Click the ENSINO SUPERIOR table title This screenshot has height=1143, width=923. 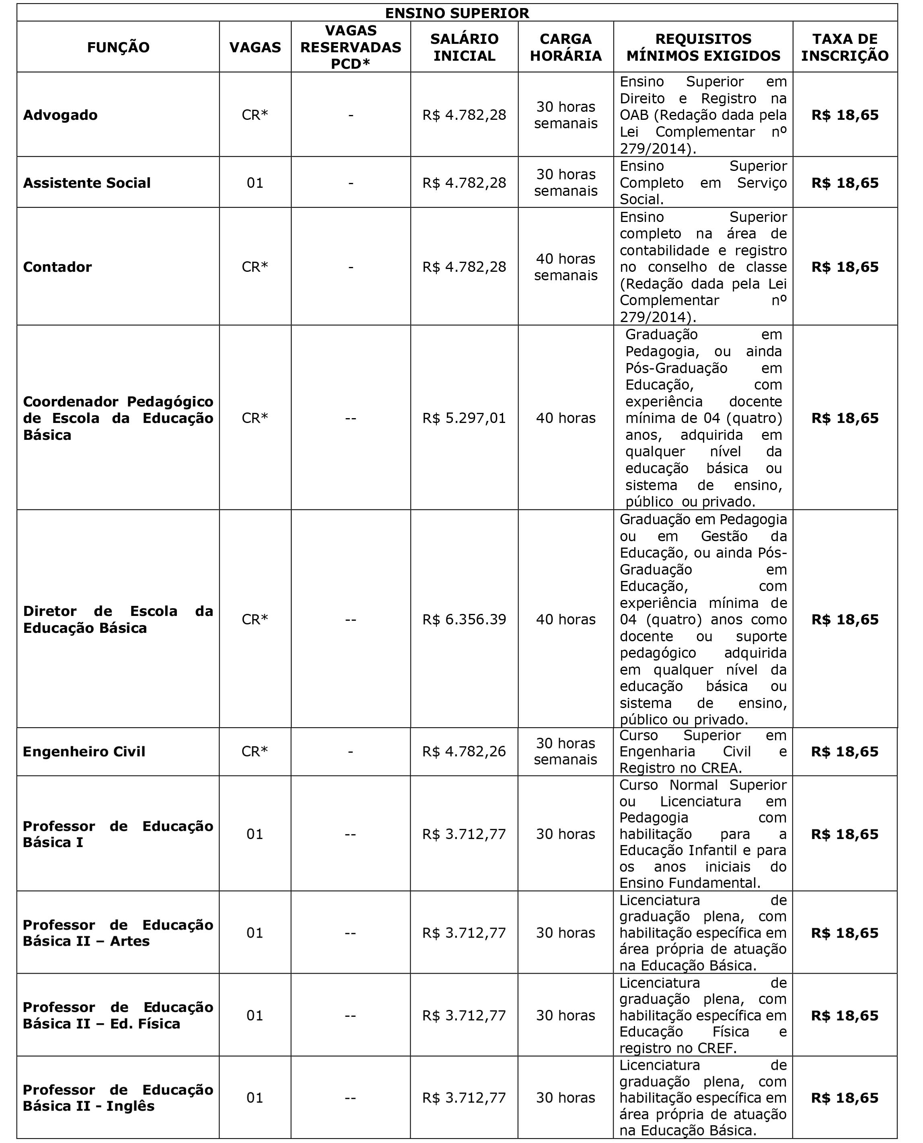pyautogui.click(x=457, y=13)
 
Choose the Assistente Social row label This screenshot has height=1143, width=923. pyautogui.click(x=86, y=183)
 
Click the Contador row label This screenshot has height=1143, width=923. pyautogui.click(x=58, y=267)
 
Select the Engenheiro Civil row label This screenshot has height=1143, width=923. pyautogui.click(x=84, y=751)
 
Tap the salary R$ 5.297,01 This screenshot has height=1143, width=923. pyautogui.click(x=464, y=418)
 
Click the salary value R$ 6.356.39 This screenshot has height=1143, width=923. pyautogui.click(x=464, y=620)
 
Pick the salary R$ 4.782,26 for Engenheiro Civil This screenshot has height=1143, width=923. pyautogui.click(x=464, y=751)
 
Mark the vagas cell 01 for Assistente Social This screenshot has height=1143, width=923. pyautogui.click(x=255, y=183)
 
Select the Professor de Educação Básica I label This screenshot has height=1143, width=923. pyautogui.click(x=117, y=834)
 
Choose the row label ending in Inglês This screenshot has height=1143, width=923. pyautogui.click(x=117, y=1098)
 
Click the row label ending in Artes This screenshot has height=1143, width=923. pyautogui.click(x=117, y=933)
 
